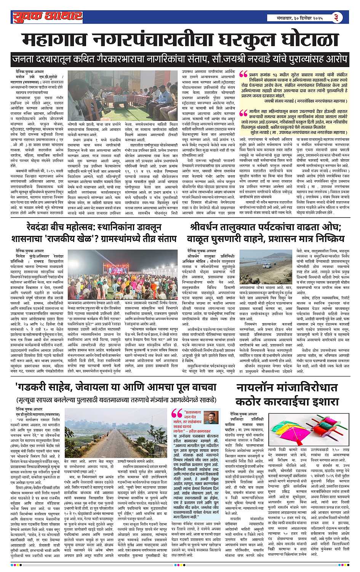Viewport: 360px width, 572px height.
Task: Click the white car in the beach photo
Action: coord(267,263)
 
